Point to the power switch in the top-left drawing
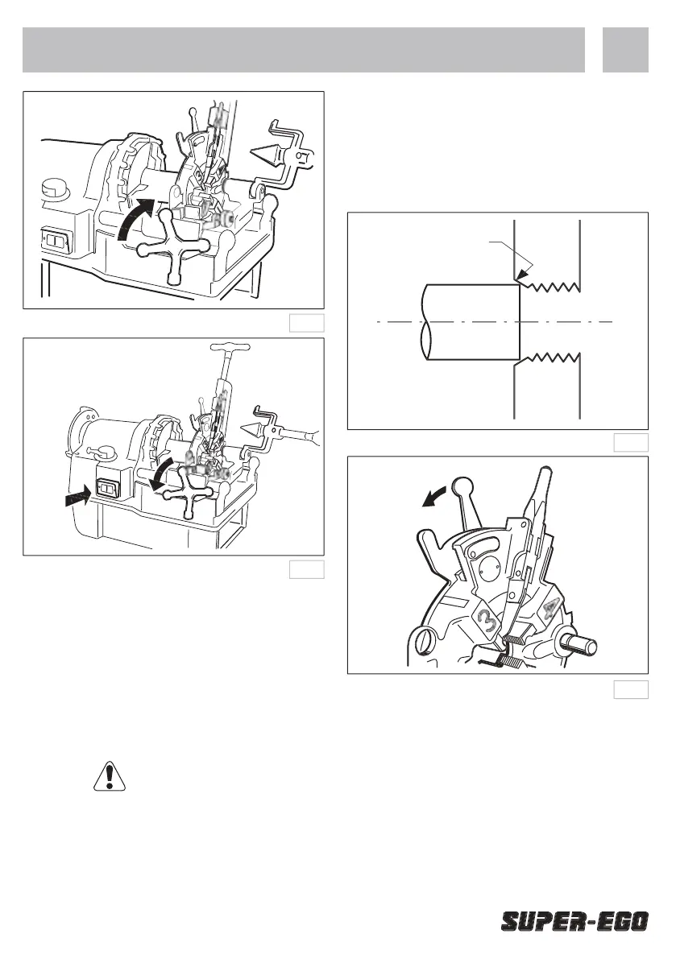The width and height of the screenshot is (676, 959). [56, 242]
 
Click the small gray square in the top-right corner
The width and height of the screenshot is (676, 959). [625, 49]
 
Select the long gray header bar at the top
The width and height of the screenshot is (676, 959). [303, 49]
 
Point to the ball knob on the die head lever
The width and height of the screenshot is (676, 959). [463, 486]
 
